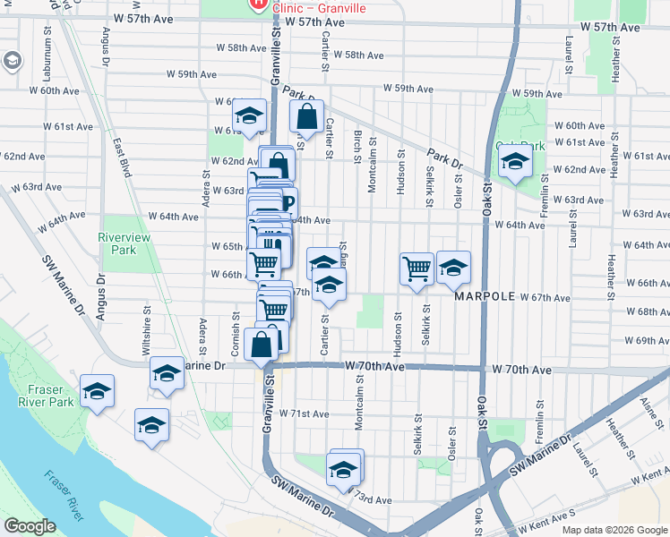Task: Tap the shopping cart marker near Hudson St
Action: tap(417, 268)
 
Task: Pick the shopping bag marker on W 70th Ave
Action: tap(261, 345)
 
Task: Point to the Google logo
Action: tap(30, 526)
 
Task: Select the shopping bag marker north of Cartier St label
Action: tap(306, 116)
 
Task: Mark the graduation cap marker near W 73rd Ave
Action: tap(344, 468)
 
